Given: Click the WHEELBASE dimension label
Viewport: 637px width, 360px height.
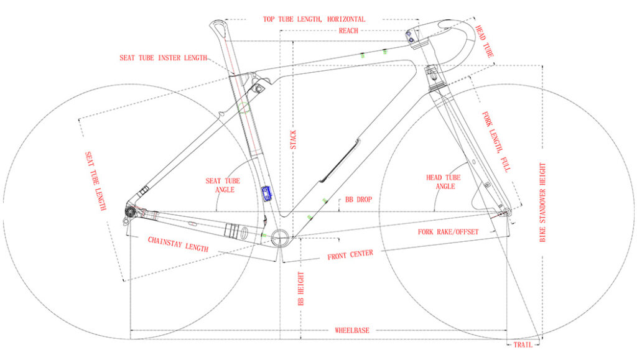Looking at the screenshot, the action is point(352,330).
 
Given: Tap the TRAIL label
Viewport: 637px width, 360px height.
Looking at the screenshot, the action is point(523,345).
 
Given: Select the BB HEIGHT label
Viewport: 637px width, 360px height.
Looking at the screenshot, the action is point(301,288).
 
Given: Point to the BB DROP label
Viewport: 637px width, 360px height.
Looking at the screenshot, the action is point(358,200).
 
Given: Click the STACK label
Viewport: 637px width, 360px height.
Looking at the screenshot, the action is point(294,140).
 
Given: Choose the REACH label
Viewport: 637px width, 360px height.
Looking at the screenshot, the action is point(348,30).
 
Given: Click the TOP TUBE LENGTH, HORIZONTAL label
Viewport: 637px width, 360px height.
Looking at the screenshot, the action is point(314,19).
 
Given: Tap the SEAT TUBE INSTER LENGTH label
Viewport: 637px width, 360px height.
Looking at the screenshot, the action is point(164,58).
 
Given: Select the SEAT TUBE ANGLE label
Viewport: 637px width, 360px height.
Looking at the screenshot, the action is point(223,185).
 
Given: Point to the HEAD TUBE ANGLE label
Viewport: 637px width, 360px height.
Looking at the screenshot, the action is point(443,182).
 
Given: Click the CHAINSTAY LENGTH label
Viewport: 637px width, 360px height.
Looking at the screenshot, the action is point(178,244).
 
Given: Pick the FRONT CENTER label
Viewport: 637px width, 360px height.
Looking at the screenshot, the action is point(350,254).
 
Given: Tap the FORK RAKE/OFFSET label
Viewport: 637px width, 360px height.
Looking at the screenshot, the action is point(448,232).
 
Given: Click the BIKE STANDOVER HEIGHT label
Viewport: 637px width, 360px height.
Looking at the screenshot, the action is point(542,203).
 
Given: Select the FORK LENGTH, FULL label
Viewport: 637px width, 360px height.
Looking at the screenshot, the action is point(496,142).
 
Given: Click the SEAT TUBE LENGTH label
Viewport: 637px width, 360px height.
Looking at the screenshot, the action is point(95,181).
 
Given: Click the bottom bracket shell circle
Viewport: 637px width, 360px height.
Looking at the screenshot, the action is point(280,237).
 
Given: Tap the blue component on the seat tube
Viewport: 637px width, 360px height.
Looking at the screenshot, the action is point(266,193).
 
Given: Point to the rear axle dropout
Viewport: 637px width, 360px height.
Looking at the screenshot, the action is point(131,211).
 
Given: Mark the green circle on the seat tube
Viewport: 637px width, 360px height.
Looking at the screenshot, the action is point(244,108).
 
